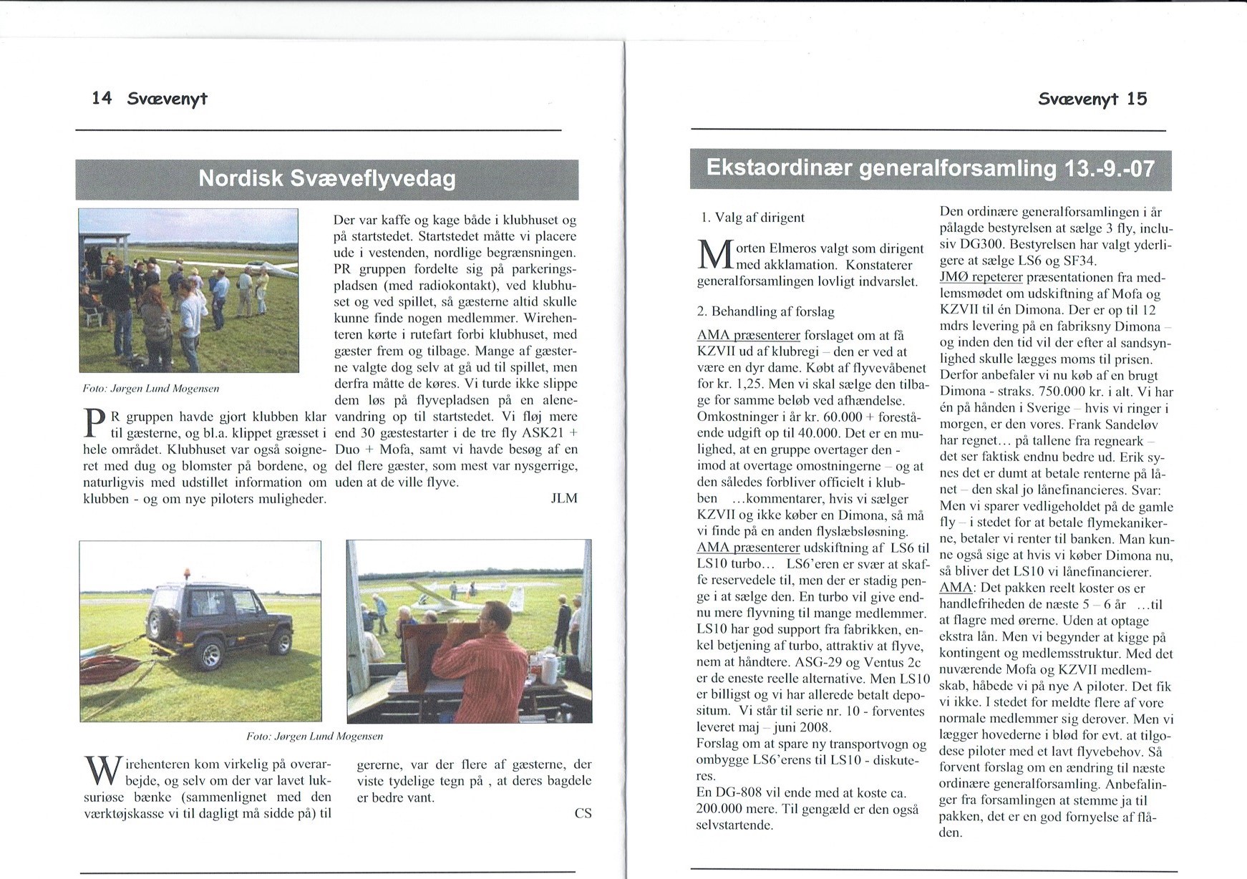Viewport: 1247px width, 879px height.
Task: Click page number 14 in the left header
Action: point(102,98)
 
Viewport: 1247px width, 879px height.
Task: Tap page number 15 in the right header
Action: point(1136,99)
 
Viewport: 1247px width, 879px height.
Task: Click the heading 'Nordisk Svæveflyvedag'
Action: point(326,178)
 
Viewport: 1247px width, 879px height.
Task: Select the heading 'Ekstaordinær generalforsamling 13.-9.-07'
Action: point(930,169)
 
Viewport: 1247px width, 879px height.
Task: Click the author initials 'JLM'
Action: point(563,498)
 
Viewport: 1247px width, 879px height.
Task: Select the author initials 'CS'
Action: point(583,813)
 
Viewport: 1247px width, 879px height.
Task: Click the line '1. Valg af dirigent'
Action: point(752,218)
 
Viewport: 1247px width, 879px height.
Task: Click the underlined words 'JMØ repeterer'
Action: point(981,277)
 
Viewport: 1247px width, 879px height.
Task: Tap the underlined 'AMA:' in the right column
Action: point(956,588)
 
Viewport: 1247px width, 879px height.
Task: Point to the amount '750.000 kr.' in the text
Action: point(1054,392)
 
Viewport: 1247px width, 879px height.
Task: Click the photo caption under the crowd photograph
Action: point(151,389)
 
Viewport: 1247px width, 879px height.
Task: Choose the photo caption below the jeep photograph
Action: point(314,736)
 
